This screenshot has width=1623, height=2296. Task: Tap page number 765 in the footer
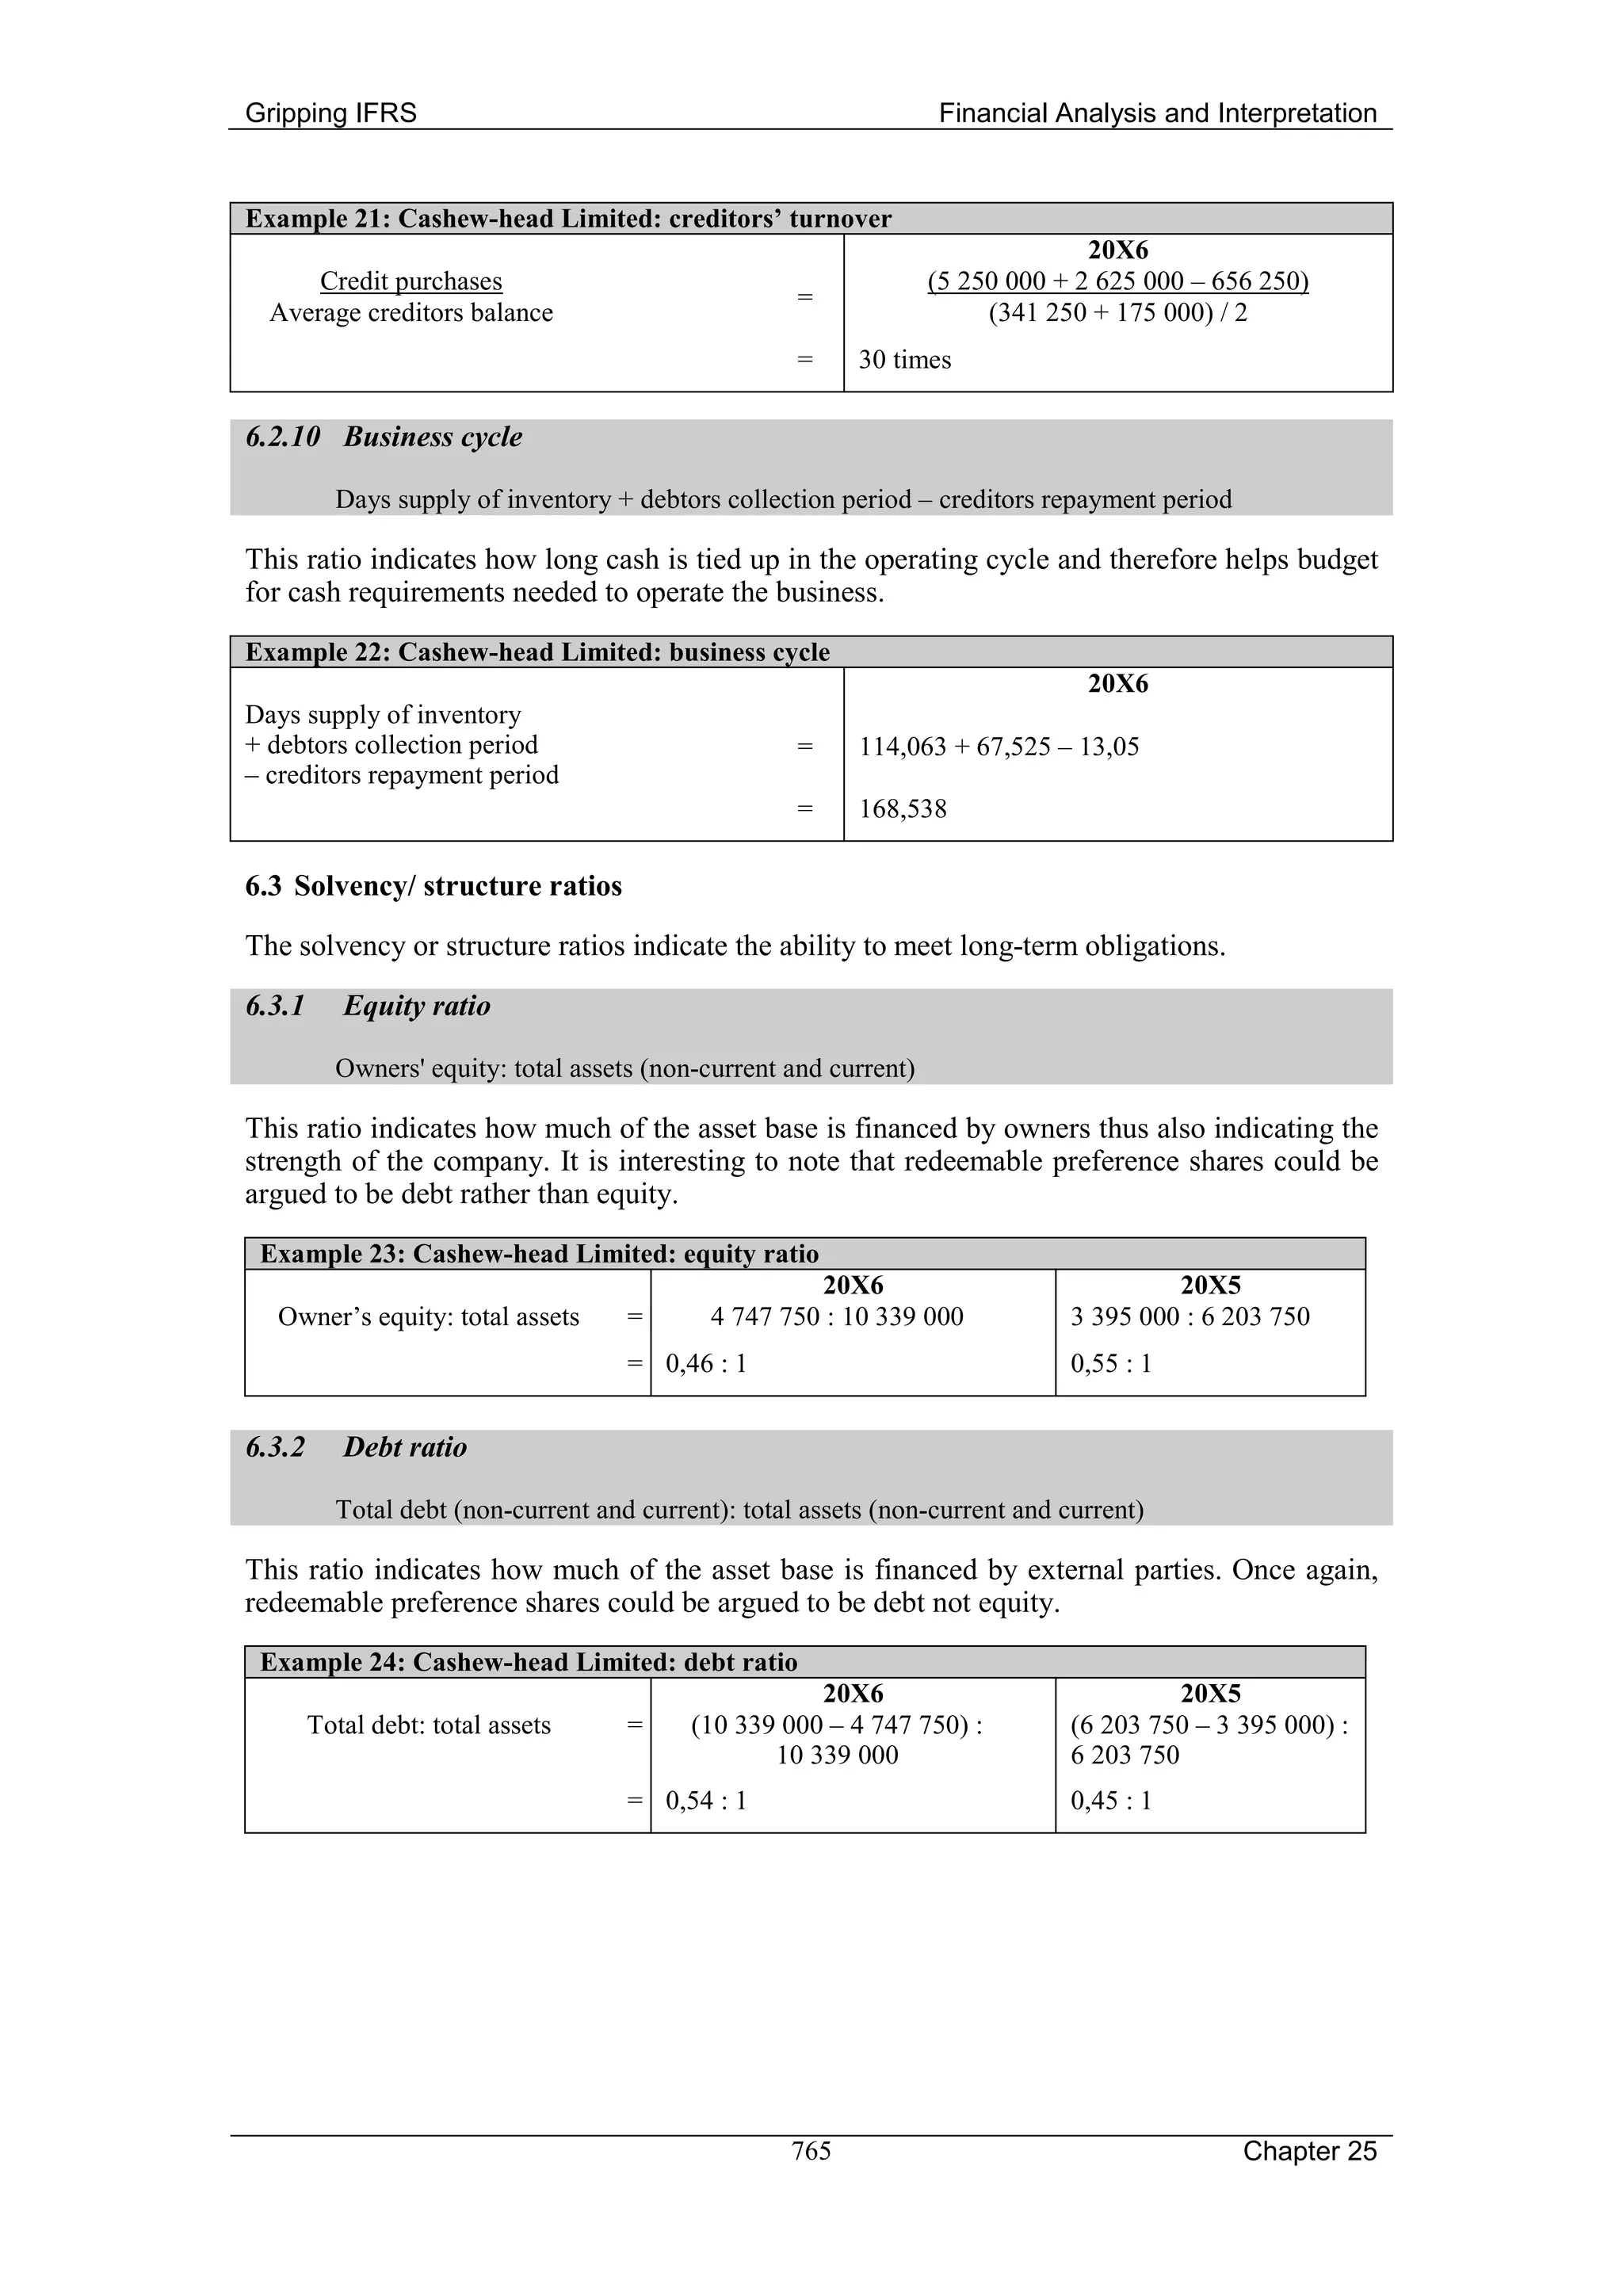(811, 2150)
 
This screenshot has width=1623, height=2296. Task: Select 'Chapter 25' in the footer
(1309, 2151)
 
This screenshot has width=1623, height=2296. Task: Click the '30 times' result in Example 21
(904, 360)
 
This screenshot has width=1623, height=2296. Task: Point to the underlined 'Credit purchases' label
(411, 281)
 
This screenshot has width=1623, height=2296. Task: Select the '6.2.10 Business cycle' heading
(384, 437)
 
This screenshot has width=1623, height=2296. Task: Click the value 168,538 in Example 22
(902, 809)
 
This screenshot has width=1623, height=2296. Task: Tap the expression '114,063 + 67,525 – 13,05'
(998, 747)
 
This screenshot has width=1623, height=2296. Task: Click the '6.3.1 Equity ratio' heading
(368, 1006)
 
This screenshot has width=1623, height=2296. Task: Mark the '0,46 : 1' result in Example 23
(706, 1363)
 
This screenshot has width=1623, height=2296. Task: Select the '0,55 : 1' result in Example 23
(1110, 1363)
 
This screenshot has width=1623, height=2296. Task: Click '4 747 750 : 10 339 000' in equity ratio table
(836, 1316)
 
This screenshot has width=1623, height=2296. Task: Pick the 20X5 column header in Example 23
(1210, 1285)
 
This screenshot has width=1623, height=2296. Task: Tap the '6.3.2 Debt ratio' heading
(356, 1447)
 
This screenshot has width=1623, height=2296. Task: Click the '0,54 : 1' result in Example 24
(706, 1800)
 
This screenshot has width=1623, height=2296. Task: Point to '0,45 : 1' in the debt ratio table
(1110, 1800)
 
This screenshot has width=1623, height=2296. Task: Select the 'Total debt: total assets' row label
(428, 1725)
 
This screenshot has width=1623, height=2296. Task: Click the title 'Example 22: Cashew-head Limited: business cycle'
(537, 652)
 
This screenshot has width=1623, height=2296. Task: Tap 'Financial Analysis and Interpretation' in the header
(1157, 113)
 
